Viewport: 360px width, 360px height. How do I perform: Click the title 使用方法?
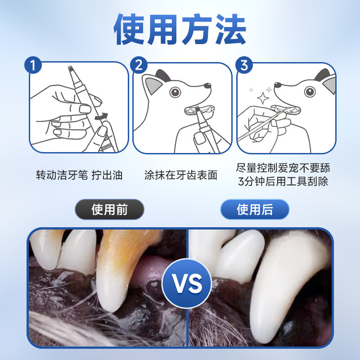[x=180, y=30]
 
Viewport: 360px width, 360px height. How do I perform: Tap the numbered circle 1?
[x=33, y=65]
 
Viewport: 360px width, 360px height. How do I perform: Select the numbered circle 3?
[x=244, y=65]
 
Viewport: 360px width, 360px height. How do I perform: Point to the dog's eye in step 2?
[x=175, y=92]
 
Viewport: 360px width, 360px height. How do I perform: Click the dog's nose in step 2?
[x=207, y=85]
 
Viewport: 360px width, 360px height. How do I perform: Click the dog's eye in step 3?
[x=310, y=92]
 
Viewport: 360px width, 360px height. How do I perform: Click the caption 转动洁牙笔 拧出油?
[x=79, y=175]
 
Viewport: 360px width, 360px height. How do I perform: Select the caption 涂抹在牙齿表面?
[x=181, y=175]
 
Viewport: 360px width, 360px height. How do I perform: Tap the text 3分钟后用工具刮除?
[x=283, y=182]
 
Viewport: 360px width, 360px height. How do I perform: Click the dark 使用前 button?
[x=109, y=209]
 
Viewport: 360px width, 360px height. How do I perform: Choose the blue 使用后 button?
[x=255, y=209]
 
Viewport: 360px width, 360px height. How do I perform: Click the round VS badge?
[x=187, y=283]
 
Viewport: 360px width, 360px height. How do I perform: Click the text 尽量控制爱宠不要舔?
[x=283, y=168]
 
